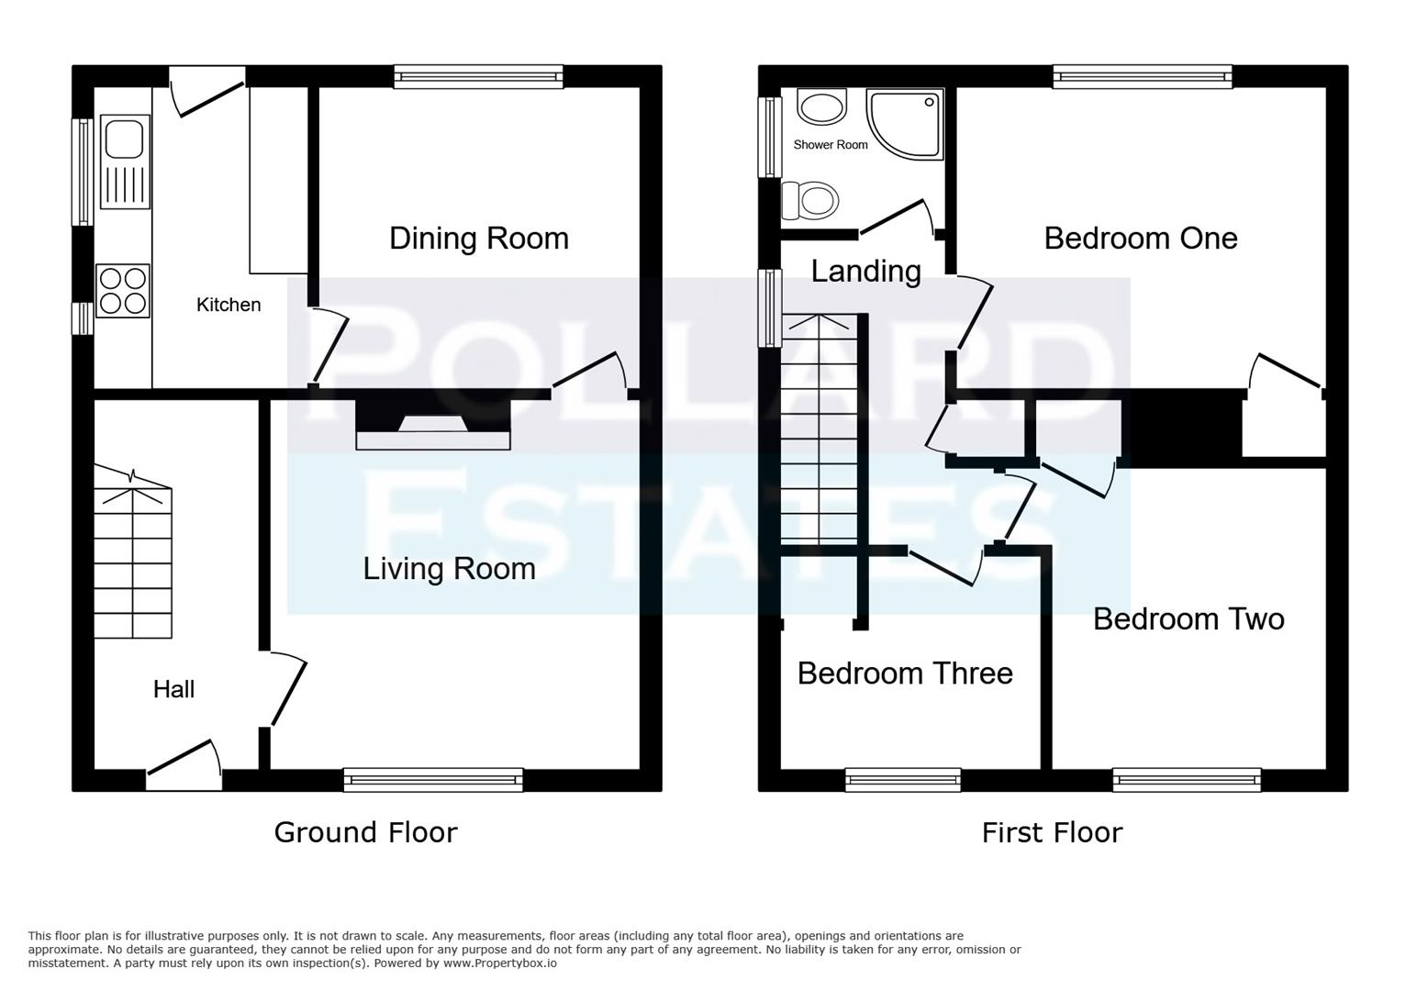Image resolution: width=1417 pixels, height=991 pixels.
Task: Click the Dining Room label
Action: (478, 239)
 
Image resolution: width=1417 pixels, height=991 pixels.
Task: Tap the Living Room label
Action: (449, 569)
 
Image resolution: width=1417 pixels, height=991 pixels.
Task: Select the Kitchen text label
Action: (229, 305)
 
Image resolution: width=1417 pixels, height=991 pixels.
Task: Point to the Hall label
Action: (173, 689)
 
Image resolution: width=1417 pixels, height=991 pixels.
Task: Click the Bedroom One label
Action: (1140, 239)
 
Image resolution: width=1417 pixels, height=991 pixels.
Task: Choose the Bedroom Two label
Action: (1188, 619)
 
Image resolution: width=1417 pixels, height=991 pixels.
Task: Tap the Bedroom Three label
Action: (904, 674)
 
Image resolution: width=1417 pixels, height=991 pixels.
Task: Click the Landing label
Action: (865, 272)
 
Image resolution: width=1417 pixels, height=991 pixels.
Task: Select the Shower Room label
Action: (830, 145)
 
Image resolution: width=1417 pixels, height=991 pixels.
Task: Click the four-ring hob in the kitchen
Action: (123, 291)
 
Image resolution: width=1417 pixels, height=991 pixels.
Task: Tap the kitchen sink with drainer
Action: (125, 161)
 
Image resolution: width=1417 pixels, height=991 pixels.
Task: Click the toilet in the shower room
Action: (809, 200)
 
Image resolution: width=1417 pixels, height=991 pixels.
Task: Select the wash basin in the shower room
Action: (820, 106)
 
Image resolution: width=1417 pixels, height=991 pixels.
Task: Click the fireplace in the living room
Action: (432, 427)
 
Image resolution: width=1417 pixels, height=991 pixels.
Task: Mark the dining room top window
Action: (478, 77)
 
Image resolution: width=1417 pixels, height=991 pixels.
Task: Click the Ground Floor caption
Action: (365, 832)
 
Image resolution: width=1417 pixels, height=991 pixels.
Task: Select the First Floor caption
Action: (1052, 832)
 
